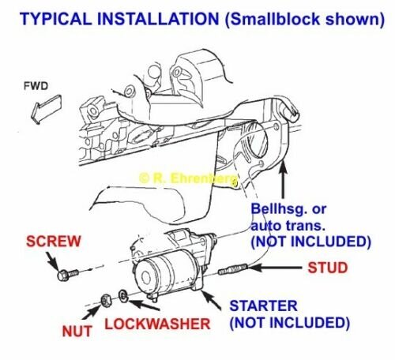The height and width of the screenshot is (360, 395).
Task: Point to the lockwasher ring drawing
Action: tap(123, 296)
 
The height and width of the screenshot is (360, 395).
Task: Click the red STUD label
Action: tap(325, 268)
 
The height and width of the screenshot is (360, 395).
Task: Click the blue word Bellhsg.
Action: tap(277, 210)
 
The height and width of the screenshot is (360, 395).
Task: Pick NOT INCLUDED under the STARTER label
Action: tap(289, 323)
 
